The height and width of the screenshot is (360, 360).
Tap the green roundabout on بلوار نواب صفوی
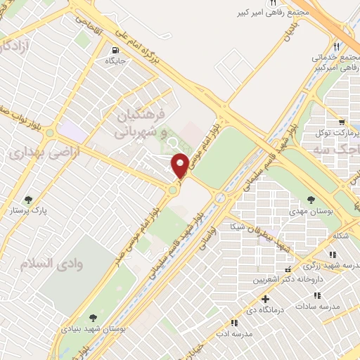point(172,189)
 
